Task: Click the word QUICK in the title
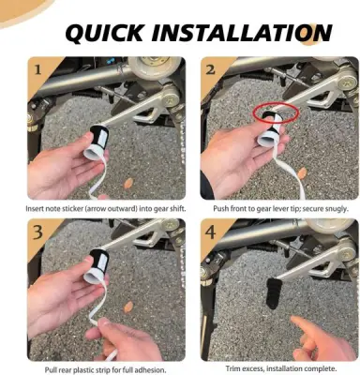click(105, 32)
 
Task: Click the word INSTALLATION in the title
click(241, 32)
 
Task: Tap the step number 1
click(37, 69)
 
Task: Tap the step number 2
click(210, 69)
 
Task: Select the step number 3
click(37, 232)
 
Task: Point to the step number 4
click(211, 232)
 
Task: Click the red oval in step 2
click(276, 112)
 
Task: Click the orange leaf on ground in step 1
click(128, 184)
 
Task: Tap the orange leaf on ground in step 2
click(302, 172)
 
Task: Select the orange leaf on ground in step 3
click(128, 307)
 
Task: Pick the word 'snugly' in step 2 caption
click(337, 208)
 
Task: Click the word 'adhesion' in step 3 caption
click(151, 370)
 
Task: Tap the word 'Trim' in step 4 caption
click(232, 368)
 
